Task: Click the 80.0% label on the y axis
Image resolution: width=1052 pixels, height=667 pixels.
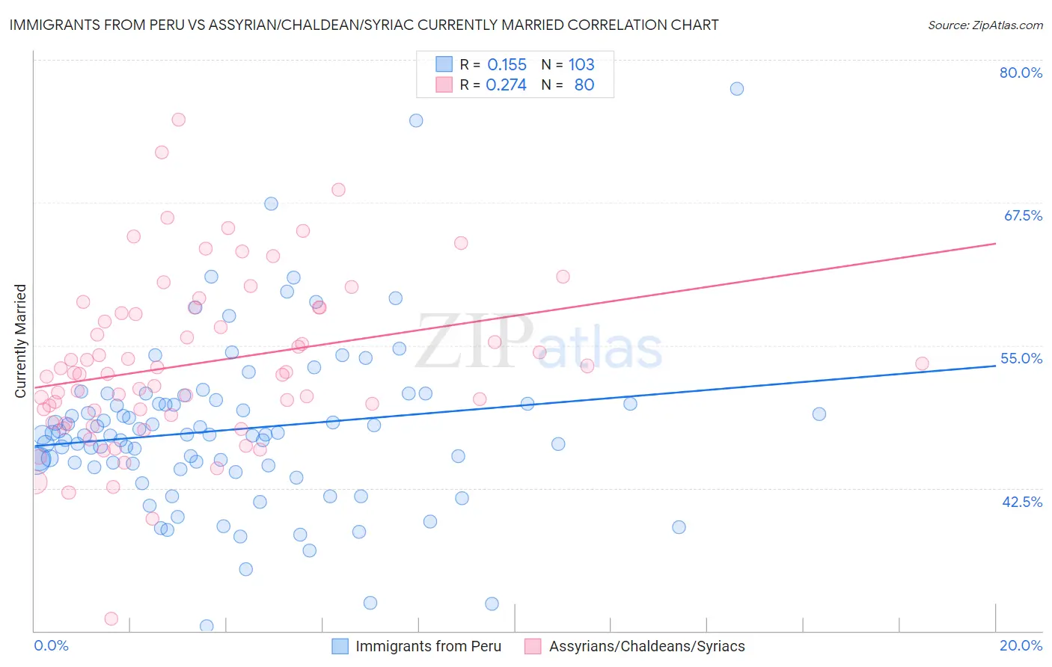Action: click(x=1021, y=73)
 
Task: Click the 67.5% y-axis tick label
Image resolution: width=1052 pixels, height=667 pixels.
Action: click(x=1023, y=215)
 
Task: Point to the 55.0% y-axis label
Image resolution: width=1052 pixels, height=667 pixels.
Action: click(x=1021, y=358)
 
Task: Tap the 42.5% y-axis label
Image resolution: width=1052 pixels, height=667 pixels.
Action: click(x=1022, y=502)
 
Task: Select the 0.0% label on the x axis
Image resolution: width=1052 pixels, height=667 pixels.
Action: click(x=51, y=645)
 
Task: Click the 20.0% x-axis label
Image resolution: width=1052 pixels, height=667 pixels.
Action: click(x=1021, y=645)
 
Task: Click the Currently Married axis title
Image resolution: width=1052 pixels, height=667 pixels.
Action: click(x=20, y=341)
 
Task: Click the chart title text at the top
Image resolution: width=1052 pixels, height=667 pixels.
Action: click(x=364, y=25)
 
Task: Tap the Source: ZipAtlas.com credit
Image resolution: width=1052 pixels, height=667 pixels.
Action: click(x=985, y=25)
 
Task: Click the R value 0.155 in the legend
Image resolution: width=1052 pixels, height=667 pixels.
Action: click(x=507, y=65)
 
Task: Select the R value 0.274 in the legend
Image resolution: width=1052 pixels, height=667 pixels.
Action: click(x=506, y=85)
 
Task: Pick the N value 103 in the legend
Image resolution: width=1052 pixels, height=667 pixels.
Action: click(x=581, y=65)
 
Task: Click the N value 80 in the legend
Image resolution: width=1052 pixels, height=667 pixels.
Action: click(x=584, y=85)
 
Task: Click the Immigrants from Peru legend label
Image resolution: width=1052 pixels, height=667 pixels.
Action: click(x=428, y=646)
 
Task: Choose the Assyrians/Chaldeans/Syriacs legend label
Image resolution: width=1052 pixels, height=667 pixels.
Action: click(x=646, y=646)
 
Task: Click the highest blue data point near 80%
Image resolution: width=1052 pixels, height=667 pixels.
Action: click(x=737, y=89)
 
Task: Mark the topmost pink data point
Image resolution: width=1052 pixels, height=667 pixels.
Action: click(x=178, y=120)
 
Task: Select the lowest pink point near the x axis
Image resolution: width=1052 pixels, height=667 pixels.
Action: click(x=111, y=618)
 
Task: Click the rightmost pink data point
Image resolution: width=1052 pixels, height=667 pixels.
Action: click(x=922, y=363)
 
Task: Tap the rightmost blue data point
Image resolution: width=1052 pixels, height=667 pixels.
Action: click(x=819, y=414)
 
